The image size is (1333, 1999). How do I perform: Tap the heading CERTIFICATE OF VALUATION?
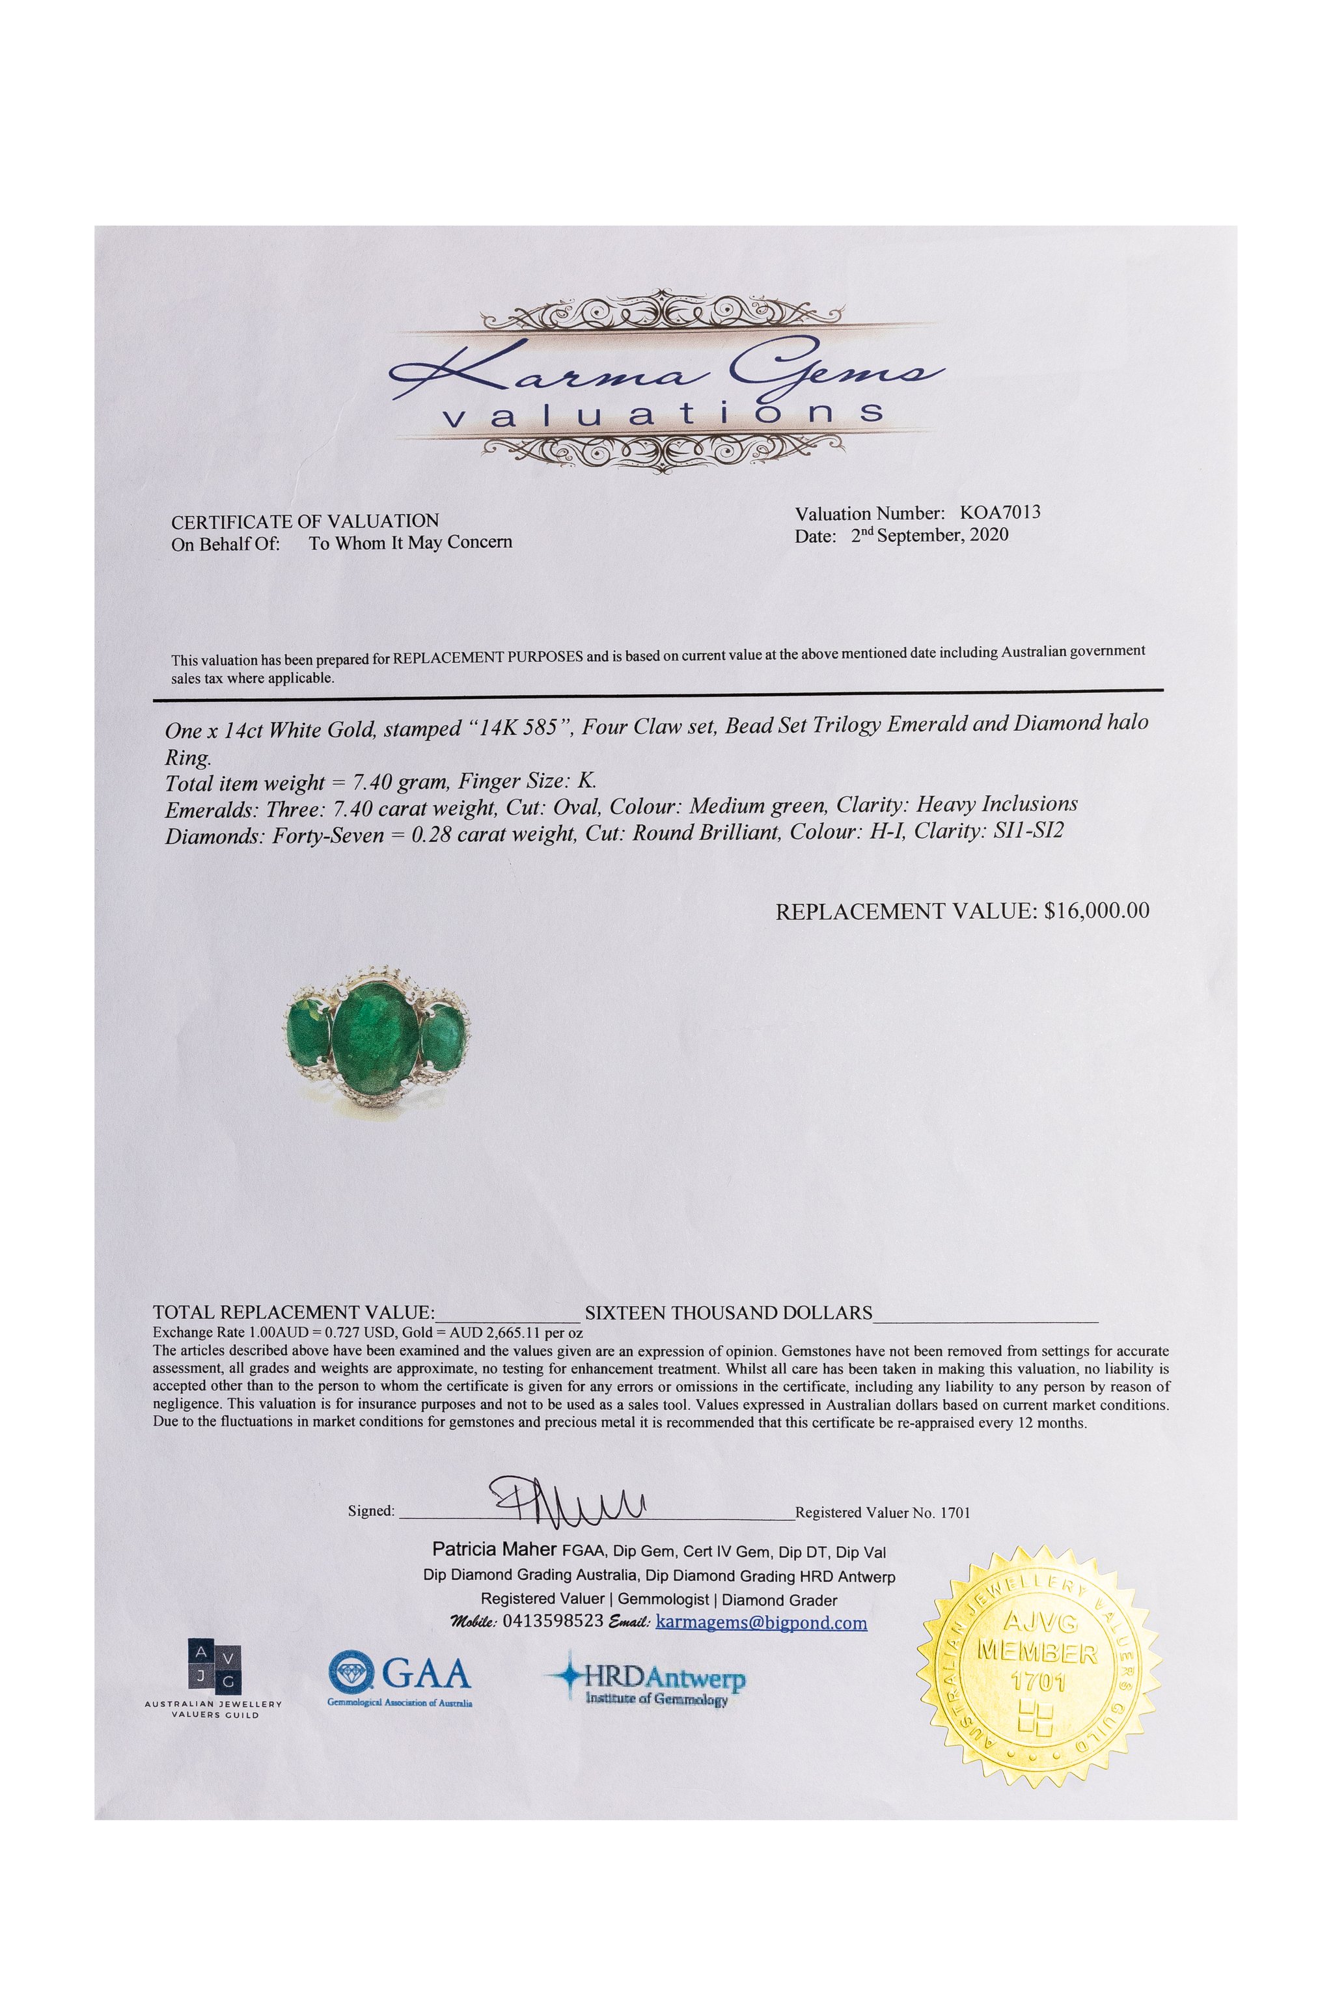[305, 521]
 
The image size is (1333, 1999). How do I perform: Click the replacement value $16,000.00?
[1097, 911]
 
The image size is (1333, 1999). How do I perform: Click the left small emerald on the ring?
[308, 1030]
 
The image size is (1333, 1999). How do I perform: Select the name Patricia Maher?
[494, 1549]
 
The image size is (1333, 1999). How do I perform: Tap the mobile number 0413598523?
[553, 1622]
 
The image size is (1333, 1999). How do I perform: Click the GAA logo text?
[425, 1674]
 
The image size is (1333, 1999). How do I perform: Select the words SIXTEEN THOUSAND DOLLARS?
[728, 1313]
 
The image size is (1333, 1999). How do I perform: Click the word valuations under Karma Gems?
[664, 415]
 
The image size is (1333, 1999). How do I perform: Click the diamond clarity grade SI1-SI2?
[1028, 830]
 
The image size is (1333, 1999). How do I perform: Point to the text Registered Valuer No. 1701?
[883, 1513]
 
